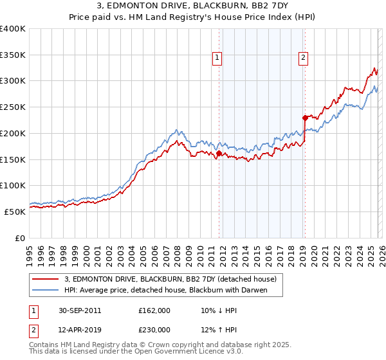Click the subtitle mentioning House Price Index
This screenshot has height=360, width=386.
click(x=192, y=18)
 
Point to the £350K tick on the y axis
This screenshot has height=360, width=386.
click(x=13, y=55)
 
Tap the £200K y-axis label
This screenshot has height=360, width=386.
click(x=13, y=134)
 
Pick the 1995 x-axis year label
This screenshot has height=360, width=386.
click(x=30, y=251)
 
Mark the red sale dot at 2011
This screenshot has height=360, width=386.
click(x=219, y=154)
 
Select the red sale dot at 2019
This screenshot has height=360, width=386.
click(x=305, y=118)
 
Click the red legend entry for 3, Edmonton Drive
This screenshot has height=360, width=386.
click(x=170, y=279)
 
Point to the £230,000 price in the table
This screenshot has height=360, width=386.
click(x=154, y=328)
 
